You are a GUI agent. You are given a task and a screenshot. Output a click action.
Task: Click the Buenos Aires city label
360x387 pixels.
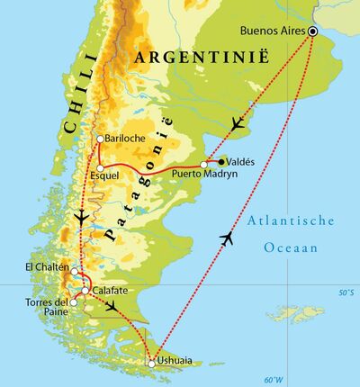273,31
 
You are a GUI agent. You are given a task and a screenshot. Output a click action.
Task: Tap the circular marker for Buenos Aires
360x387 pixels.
312,31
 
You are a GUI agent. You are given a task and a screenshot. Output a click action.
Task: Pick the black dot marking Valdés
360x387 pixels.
221,162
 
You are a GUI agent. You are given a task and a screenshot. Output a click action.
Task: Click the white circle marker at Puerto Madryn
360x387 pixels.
204,165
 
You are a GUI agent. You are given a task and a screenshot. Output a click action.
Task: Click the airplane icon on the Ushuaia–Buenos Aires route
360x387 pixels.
226,238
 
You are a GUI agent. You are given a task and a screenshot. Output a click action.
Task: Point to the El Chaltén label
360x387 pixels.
45,267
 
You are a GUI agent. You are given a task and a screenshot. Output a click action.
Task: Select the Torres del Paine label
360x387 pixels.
44,307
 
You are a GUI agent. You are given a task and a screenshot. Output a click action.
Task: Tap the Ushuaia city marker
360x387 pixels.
151,364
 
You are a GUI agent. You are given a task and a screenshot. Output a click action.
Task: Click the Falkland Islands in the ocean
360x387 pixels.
301,314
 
